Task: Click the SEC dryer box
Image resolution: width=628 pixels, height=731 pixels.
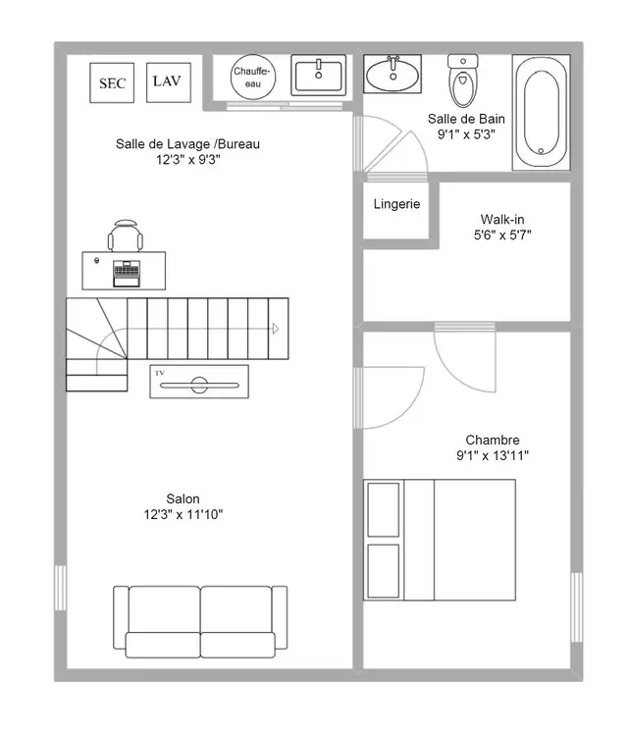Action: point(112,83)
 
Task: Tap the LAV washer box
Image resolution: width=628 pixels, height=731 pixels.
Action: point(169,82)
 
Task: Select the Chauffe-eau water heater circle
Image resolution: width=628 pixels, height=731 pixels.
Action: point(253,77)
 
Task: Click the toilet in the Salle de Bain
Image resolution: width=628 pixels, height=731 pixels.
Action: point(463,80)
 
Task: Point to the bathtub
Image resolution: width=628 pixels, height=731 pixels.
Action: point(541,113)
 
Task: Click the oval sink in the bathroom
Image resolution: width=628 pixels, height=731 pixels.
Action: point(392,75)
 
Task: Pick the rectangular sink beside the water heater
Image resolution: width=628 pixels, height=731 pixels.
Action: point(319,75)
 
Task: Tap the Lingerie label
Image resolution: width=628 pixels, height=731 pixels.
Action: point(396,204)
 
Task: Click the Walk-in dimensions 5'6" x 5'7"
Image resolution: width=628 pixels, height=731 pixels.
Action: point(502,235)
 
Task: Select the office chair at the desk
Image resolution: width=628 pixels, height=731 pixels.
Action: point(126,235)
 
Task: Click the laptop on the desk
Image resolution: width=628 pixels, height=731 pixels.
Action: point(127,274)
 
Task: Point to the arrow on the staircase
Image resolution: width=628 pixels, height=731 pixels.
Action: point(276,329)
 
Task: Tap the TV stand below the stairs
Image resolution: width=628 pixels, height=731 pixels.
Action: point(199,382)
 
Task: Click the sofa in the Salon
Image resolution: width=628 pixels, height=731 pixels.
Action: point(200,622)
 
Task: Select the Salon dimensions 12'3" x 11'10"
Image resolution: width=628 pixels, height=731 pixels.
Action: point(183,515)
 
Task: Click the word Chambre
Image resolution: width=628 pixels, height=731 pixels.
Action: point(493,440)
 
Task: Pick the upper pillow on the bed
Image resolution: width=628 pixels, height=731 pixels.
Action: point(384,509)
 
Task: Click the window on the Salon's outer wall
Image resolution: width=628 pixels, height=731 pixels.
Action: point(61,588)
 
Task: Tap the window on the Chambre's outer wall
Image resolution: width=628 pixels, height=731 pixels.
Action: point(577,607)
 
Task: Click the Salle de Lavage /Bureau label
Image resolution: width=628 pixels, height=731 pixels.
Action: point(187,144)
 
